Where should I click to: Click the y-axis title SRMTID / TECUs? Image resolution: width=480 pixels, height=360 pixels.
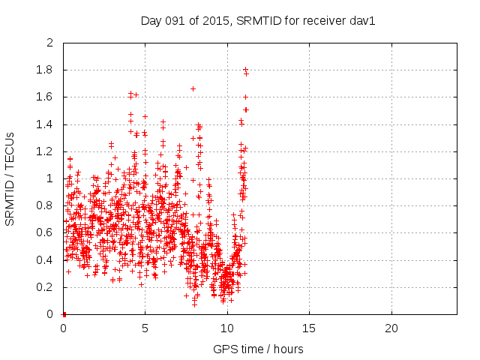click(x=10, y=178)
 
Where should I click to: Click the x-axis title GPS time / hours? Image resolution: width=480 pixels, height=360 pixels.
click(x=258, y=349)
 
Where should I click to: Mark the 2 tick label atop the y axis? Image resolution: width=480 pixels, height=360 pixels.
click(x=50, y=43)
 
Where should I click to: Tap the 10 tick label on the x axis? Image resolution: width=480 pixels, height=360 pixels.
click(x=227, y=328)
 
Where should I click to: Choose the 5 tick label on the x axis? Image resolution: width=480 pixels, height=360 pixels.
click(x=145, y=328)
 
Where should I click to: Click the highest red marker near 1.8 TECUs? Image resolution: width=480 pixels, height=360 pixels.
click(x=245, y=69)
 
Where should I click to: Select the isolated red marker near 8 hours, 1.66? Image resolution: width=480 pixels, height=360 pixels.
click(x=193, y=88)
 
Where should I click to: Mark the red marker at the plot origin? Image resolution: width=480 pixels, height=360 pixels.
click(x=64, y=313)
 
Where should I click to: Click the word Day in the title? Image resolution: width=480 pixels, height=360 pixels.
click(x=151, y=21)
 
